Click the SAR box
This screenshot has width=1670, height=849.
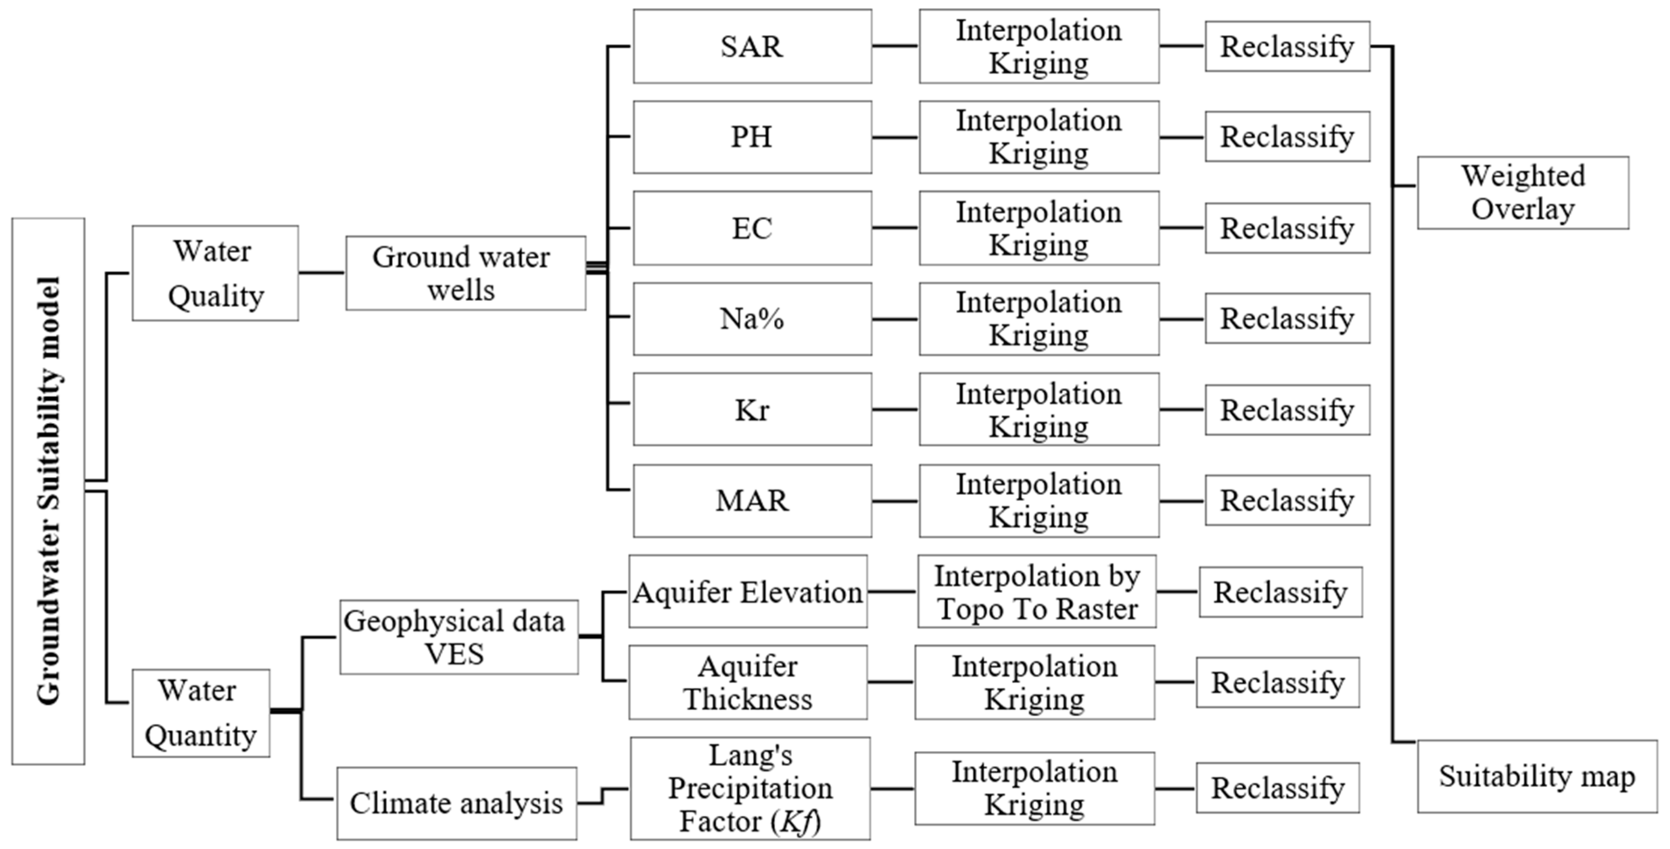pos(752,46)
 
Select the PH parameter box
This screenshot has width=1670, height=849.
pos(752,137)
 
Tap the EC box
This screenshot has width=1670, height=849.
pos(752,228)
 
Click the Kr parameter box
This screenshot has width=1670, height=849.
pos(752,409)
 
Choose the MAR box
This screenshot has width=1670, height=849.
pos(752,500)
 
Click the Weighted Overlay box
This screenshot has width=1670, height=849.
pos(1522,193)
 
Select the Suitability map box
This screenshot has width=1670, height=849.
pos(1537,776)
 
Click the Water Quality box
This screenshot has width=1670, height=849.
pos(215,273)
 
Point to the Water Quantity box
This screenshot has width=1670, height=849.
pos(201,713)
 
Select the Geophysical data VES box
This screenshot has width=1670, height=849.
pos(458,637)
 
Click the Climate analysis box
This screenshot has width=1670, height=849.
pos(456,804)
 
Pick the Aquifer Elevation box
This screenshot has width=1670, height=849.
pos(748,591)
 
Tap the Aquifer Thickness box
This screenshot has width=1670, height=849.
pos(748,682)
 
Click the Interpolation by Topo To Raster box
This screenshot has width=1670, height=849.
pos(1037,591)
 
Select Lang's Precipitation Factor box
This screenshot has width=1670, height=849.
pos(750,788)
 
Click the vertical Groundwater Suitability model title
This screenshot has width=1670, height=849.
pos(48,491)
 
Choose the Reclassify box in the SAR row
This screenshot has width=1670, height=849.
pos(1287,46)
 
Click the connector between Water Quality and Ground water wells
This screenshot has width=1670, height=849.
pos(322,272)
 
